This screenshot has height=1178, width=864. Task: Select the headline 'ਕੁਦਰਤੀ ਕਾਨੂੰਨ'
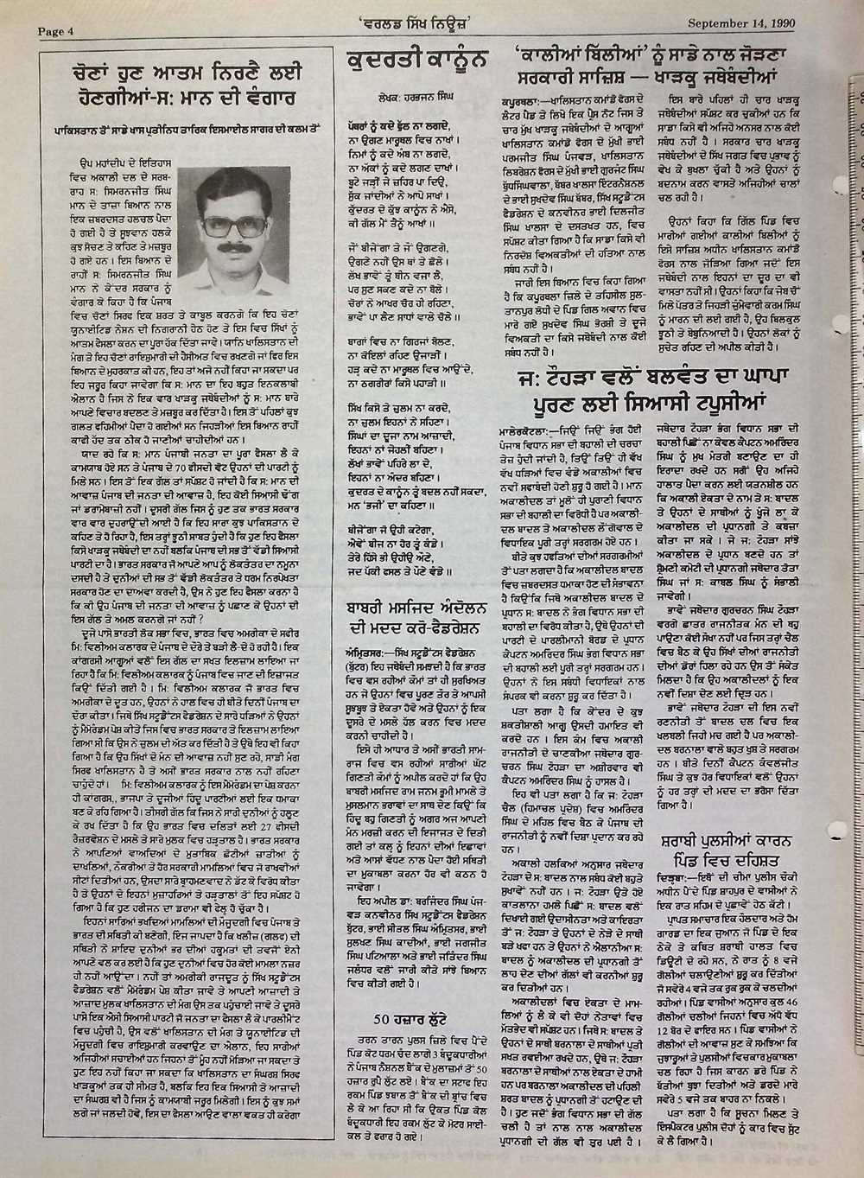tap(416, 60)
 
